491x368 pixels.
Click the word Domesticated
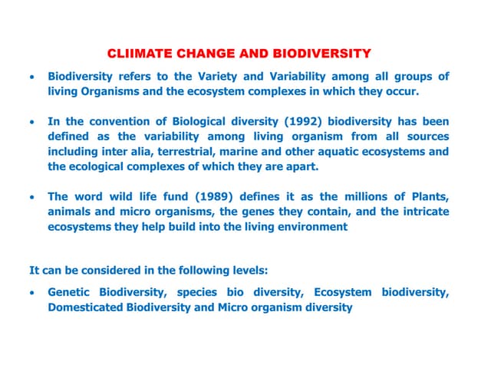[87, 307]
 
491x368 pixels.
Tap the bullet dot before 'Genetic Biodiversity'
[30, 294]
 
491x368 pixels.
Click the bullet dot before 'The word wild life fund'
[30, 198]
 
